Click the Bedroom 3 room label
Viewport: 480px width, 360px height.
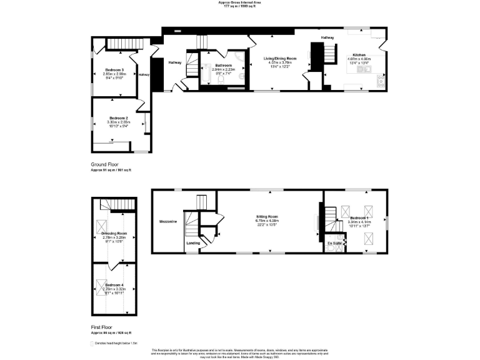coord(115,69)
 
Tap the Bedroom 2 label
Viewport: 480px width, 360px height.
coord(119,118)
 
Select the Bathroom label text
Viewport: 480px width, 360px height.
coord(224,66)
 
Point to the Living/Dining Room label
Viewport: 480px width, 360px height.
coord(280,58)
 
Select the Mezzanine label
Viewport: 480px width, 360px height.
coord(168,222)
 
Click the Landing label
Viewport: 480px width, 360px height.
coord(194,243)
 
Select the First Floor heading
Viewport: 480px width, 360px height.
coord(103,326)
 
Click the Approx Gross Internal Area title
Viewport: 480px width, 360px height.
coord(240,2)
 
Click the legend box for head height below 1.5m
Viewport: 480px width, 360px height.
coord(92,343)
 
